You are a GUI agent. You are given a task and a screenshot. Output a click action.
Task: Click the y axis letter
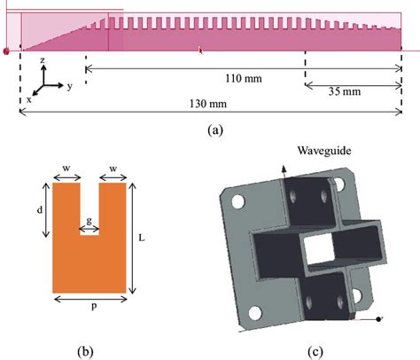click(x=68, y=87)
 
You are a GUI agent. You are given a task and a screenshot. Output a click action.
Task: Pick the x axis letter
click(x=28, y=100)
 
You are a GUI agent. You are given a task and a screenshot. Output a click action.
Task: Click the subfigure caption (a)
click(x=214, y=129)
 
